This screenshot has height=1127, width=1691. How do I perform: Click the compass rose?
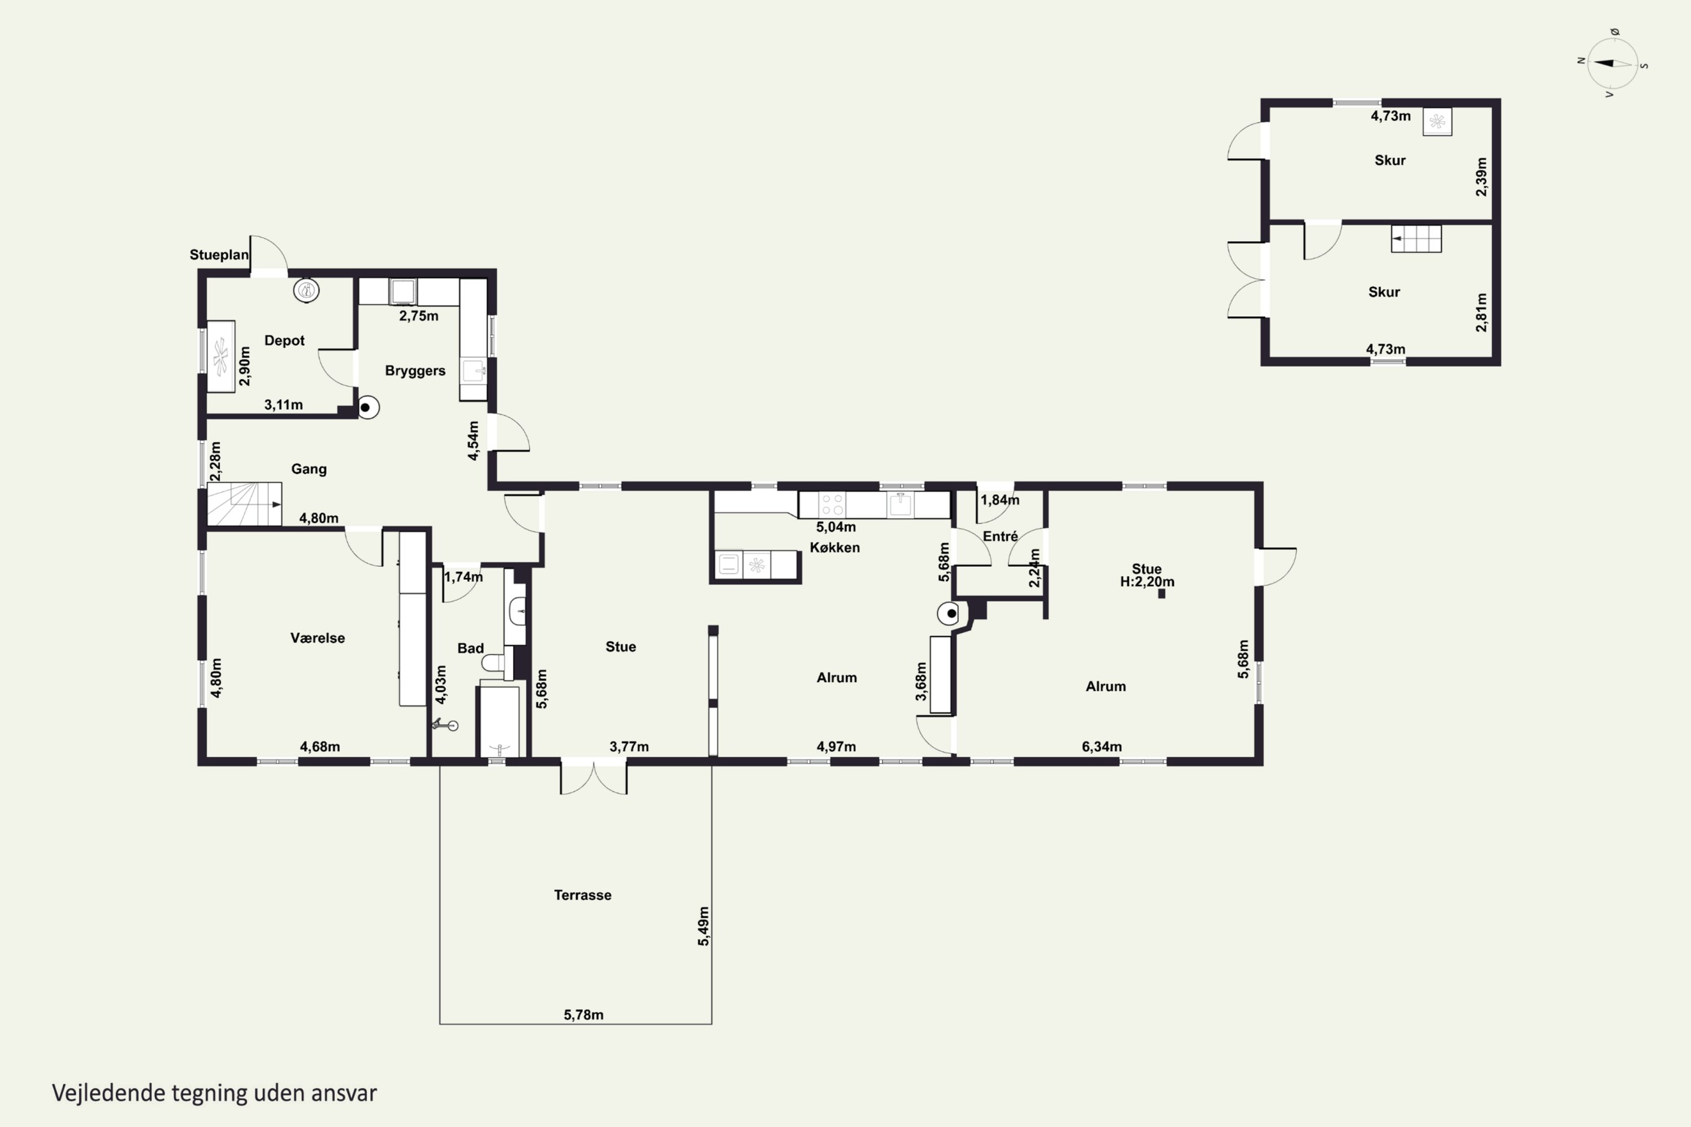point(1613,63)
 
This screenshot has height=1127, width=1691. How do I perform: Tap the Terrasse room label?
point(582,895)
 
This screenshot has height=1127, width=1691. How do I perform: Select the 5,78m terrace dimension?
point(583,1015)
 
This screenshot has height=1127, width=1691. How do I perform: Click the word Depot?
point(284,341)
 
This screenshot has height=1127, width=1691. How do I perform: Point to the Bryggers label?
point(415,371)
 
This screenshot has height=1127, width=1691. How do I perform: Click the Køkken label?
point(835,547)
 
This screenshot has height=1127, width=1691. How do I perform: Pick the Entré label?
point(1000,536)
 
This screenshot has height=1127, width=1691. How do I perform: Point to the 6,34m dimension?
point(1101,747)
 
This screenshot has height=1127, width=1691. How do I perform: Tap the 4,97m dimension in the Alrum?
point(836,747)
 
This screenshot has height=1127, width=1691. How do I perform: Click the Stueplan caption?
point(219,255)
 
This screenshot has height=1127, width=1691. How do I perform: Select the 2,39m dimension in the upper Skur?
point(1481,177)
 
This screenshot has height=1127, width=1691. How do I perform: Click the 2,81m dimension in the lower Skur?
point(1481,312)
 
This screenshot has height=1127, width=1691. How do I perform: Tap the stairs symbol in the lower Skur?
point(1415,238)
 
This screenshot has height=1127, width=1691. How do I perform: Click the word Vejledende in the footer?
point(109,1093)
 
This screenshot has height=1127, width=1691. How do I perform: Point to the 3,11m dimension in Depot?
point(284,405)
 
